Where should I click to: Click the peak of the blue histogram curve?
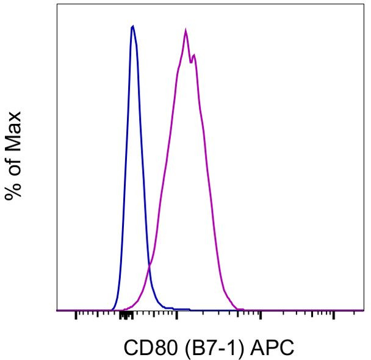coord(132,26)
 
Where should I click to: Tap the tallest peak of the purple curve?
coord(185,29)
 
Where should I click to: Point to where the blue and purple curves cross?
coord(149,266)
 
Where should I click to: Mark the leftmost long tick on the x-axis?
coord(76,315)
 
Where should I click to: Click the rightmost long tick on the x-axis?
coord(334,315)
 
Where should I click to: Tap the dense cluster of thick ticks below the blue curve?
coord(126,315)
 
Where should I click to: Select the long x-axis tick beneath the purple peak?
coord(176,315)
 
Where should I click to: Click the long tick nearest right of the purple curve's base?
coord(261,315)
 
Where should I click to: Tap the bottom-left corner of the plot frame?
coord(57,311)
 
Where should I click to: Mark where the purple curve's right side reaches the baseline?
coord(243,309)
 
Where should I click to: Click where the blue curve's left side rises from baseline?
coord(113,309)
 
